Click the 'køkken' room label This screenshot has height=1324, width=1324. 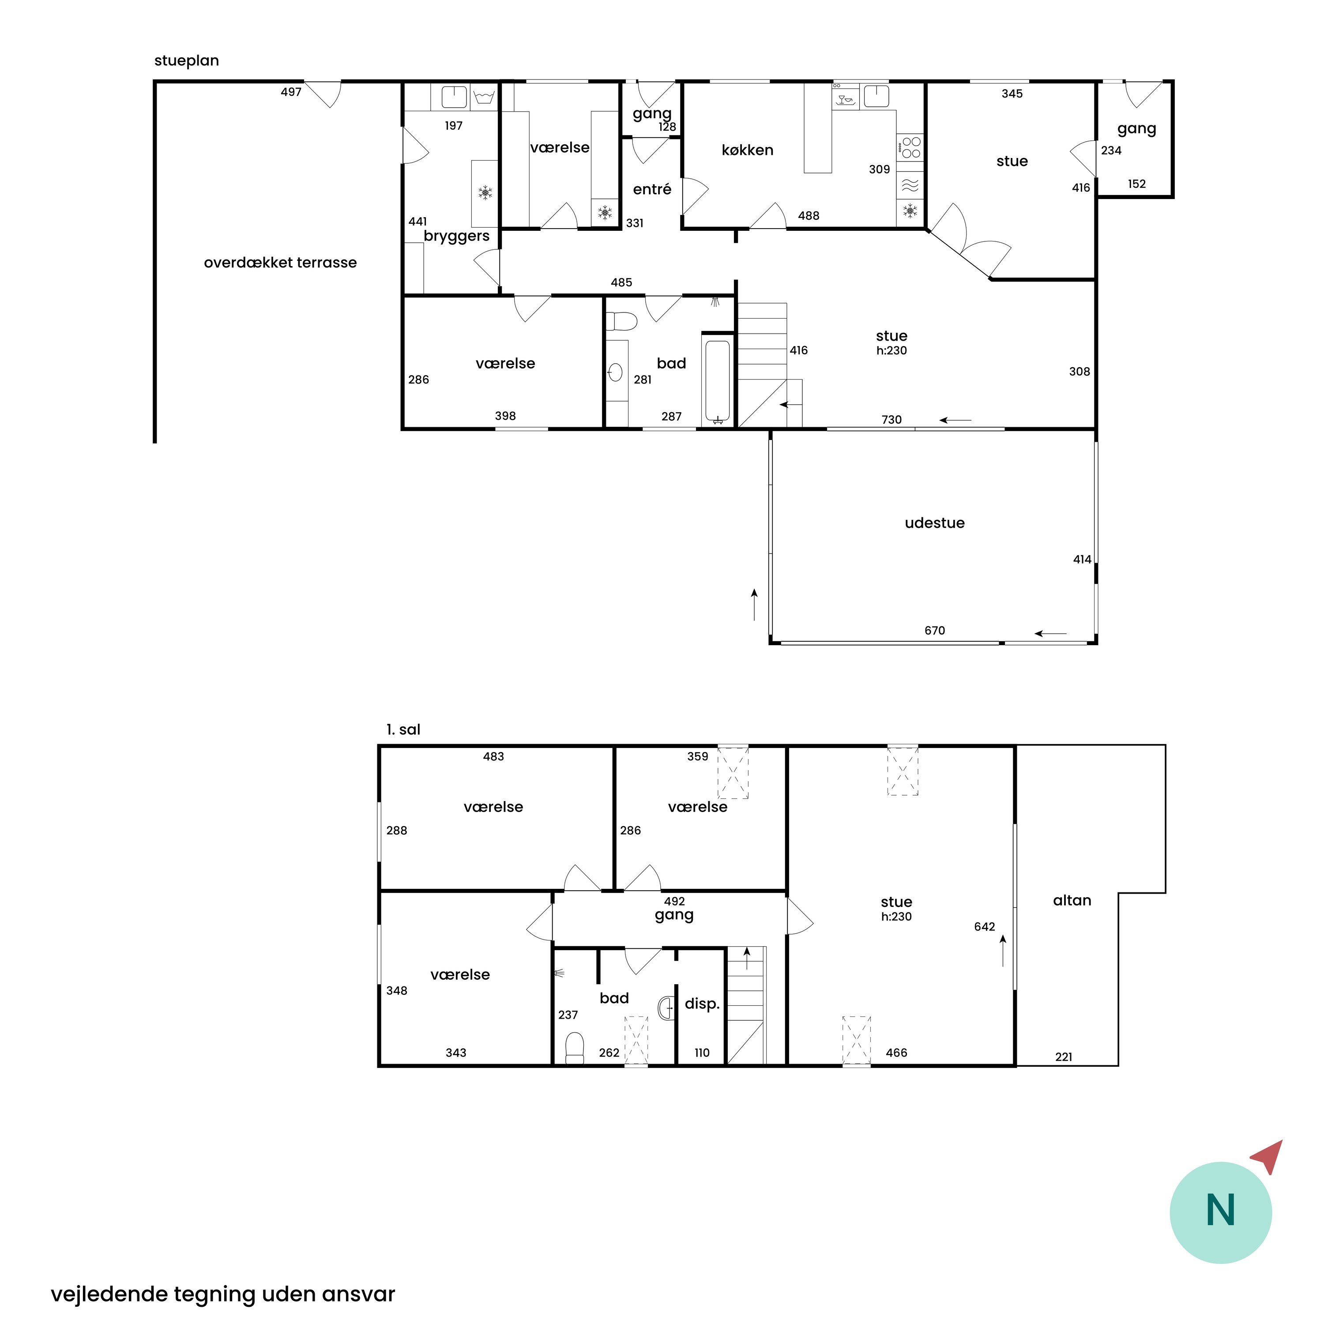click(748, 150)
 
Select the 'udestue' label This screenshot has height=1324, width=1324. click(935, 523)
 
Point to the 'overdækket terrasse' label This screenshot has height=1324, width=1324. click(280, 263)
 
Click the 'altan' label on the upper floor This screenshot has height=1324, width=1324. click(1072, 900)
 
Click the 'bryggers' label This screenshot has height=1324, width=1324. click(456, 237)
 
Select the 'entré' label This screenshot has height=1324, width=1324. click(652, 189)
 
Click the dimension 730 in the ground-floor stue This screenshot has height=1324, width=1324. click(891, 419)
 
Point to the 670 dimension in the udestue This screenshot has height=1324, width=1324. click(935, 631)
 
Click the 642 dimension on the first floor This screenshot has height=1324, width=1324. click(985, 926)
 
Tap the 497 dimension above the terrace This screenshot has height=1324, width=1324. click(291, 92)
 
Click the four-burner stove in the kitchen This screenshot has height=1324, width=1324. click(911, 147)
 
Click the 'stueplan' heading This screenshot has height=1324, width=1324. click(186, 61)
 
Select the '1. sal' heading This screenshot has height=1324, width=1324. click(404, 730)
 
